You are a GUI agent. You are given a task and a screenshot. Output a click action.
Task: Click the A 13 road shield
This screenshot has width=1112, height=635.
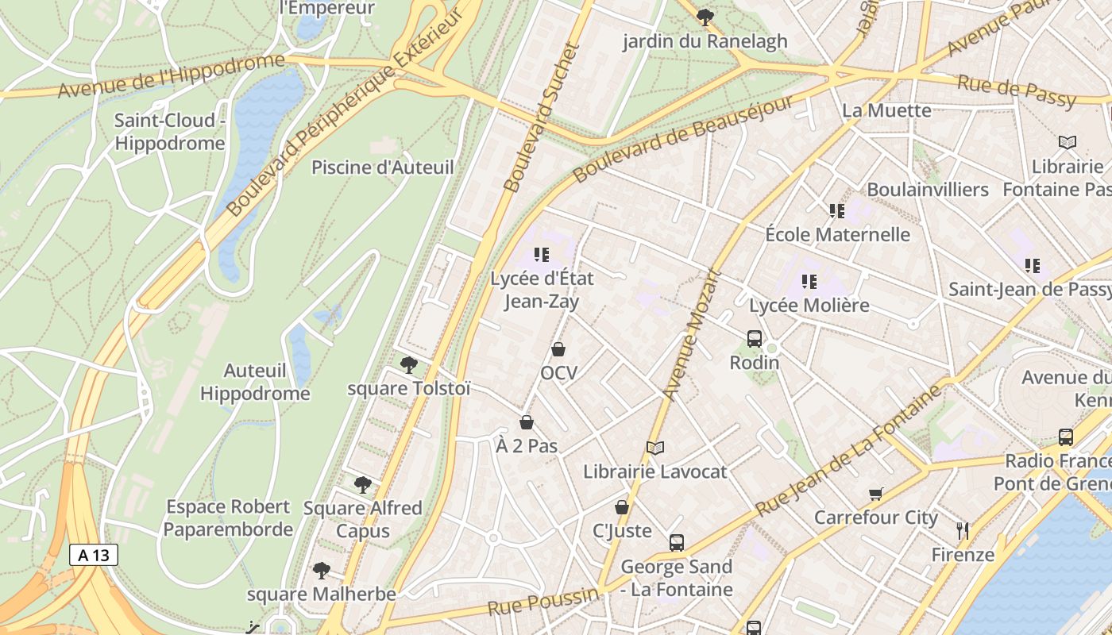[94, 555]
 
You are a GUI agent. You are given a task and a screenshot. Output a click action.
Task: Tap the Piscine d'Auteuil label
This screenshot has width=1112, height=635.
[382, 167]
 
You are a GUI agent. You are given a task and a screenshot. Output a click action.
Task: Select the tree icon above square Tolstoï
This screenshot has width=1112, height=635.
[409, 364]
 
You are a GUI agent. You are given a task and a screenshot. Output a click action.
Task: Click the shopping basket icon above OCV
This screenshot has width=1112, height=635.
[558, 349]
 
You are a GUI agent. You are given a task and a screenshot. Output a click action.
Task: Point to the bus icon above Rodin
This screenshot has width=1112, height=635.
[755, 339]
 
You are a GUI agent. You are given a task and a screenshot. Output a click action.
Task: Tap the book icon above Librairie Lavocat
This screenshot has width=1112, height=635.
[654, 448]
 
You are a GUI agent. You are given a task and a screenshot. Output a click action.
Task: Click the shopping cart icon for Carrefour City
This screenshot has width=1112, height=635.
[876, 495]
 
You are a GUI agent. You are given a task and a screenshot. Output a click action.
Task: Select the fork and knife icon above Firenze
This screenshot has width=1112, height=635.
[963, 530]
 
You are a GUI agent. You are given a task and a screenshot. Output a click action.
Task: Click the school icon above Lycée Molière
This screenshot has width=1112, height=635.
[809, 281]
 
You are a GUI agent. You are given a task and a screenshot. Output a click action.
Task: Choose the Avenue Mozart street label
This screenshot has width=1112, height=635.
[691, 335]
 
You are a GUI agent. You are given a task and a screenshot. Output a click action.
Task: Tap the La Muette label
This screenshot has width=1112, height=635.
[886, 110]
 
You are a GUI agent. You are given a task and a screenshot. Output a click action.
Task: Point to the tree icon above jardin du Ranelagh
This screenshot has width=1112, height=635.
[705, 17]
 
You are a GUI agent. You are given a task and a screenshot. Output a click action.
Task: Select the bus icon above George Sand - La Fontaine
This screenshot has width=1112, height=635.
[677, 543]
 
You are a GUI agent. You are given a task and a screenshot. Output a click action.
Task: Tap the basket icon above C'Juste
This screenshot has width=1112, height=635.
[622, 507]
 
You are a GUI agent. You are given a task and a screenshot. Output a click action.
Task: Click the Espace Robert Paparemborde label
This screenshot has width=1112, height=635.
[228, 518]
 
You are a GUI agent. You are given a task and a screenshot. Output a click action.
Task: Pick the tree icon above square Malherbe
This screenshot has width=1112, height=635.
[322, 570]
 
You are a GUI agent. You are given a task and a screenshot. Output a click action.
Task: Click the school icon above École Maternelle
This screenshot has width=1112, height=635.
[837, 211]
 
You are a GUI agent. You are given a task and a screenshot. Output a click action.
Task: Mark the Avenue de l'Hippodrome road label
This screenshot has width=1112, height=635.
[171, 76]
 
